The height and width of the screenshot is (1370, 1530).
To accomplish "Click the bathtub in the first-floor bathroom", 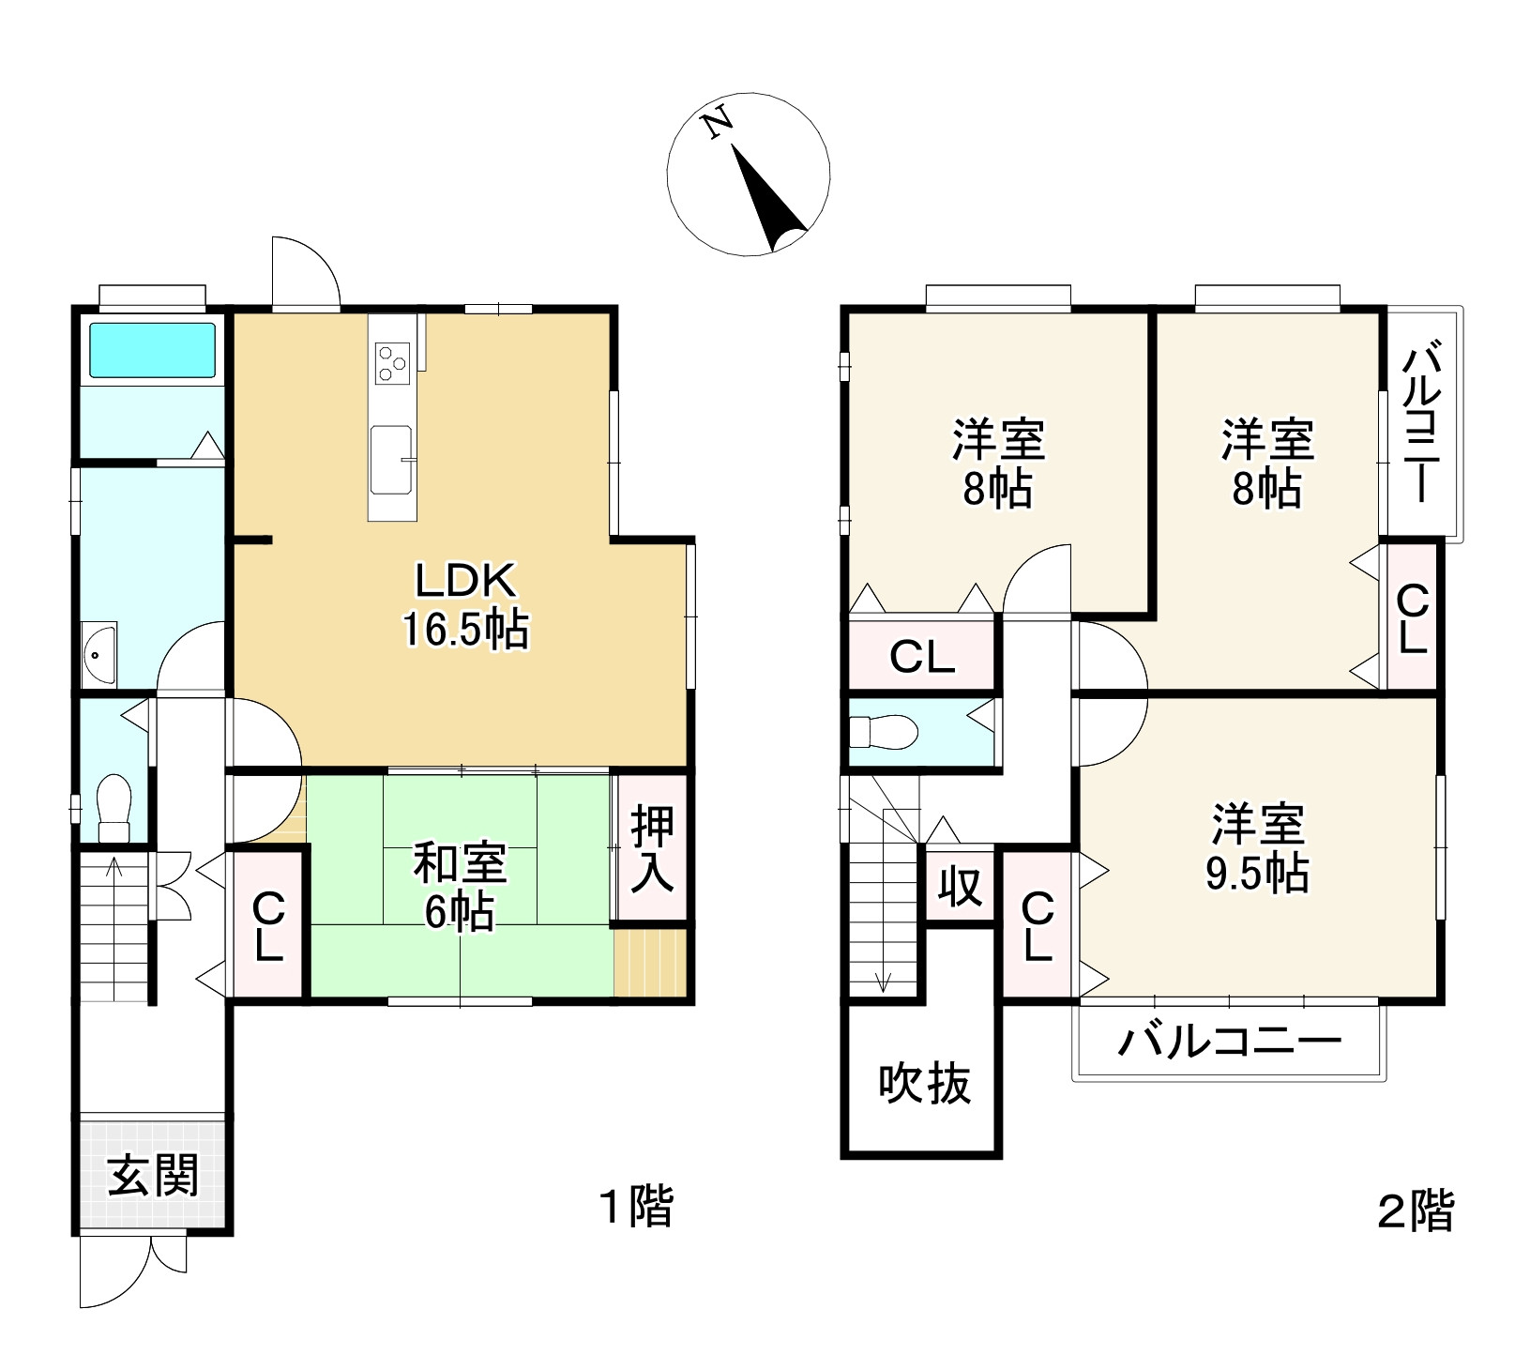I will click(152, 350).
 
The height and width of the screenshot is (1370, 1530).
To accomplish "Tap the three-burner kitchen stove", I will click(391, 363).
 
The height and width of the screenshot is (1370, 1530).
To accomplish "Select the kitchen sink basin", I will click(390, 459).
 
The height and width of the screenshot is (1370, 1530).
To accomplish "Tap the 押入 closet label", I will click(652, 848).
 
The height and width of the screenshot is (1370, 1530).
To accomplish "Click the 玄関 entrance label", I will click(153, 1175).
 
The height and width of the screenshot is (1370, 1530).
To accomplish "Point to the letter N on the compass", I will click(719, 123).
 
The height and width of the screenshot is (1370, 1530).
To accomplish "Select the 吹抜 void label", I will click(924, 1085).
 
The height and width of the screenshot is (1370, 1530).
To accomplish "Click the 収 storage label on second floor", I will click(960, 886).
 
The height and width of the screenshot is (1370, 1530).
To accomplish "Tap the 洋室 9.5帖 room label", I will click(1257, 847).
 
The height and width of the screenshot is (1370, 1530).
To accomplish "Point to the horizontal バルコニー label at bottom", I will click(1229, 1042).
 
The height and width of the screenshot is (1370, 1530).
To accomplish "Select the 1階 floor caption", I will click(637, 1206).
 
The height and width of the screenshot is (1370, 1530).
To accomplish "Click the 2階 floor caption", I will click(1416, 1210).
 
